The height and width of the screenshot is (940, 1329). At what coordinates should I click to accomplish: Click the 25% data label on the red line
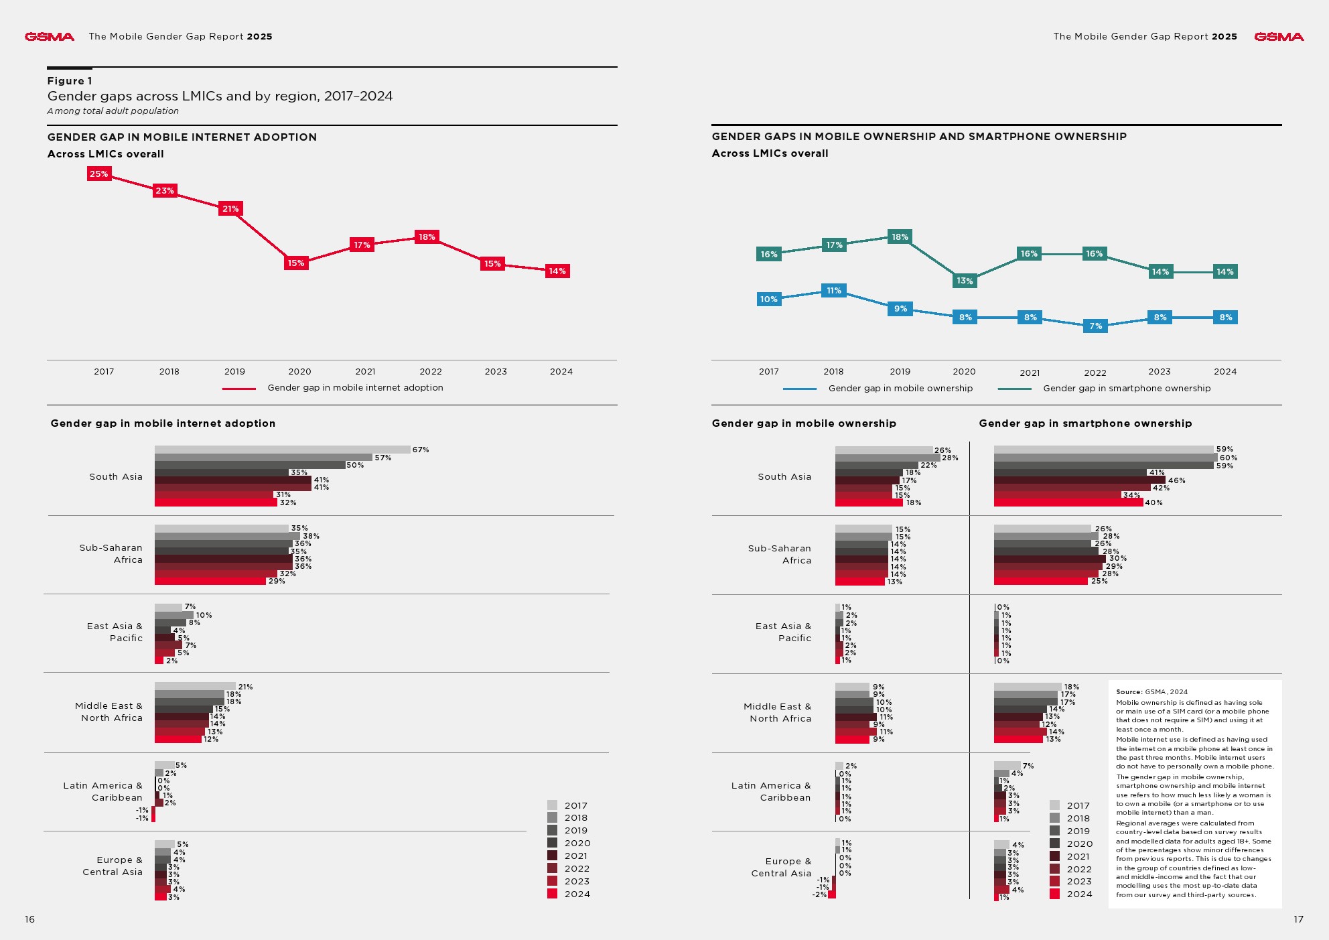click(x=99, y=174)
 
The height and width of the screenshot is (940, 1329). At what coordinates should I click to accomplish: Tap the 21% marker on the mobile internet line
click(x=230, y=209)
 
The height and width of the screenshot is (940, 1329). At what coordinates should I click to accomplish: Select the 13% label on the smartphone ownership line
click(x=965, y=281)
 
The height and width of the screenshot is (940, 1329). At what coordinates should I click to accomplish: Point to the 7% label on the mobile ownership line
click(x=1095, y=326)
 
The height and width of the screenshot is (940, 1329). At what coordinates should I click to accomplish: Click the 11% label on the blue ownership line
click(x=833, y=291)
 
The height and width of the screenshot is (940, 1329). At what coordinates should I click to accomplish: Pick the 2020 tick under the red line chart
click(x=299, y=372)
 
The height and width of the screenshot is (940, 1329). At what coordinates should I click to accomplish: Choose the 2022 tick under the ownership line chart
click(x=1095, y=373)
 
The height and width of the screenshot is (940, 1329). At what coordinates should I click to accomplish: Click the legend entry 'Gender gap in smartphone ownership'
click(x=1126, y=389)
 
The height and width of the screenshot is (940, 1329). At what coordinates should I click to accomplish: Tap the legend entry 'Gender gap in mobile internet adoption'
click(x=354, y=388)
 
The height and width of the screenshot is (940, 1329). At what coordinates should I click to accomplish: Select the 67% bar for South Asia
click(x=282, y=450)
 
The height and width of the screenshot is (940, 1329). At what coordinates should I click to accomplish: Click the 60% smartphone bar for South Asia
click(x=1105, y=458)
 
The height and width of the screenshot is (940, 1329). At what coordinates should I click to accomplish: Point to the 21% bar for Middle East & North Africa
click(x=195, y=686)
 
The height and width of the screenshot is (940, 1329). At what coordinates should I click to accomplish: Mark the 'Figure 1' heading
click(x=70, y=81)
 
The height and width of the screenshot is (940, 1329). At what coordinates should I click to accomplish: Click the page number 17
click(x=1298, y=919)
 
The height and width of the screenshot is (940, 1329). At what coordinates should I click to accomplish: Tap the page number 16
click(x=29, y=919)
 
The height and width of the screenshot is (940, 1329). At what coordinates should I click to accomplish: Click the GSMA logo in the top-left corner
click(x=49, y=37)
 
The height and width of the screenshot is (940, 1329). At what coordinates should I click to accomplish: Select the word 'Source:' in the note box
click(x=1129, y=692)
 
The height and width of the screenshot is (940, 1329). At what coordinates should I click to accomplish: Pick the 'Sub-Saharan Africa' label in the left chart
click(x=111, y=553)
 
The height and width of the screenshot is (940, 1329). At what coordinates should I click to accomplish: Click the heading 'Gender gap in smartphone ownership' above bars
click(x=1085, y=423)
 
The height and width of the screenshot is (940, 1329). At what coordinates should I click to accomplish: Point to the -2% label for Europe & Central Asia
click(x=819, y=894)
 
